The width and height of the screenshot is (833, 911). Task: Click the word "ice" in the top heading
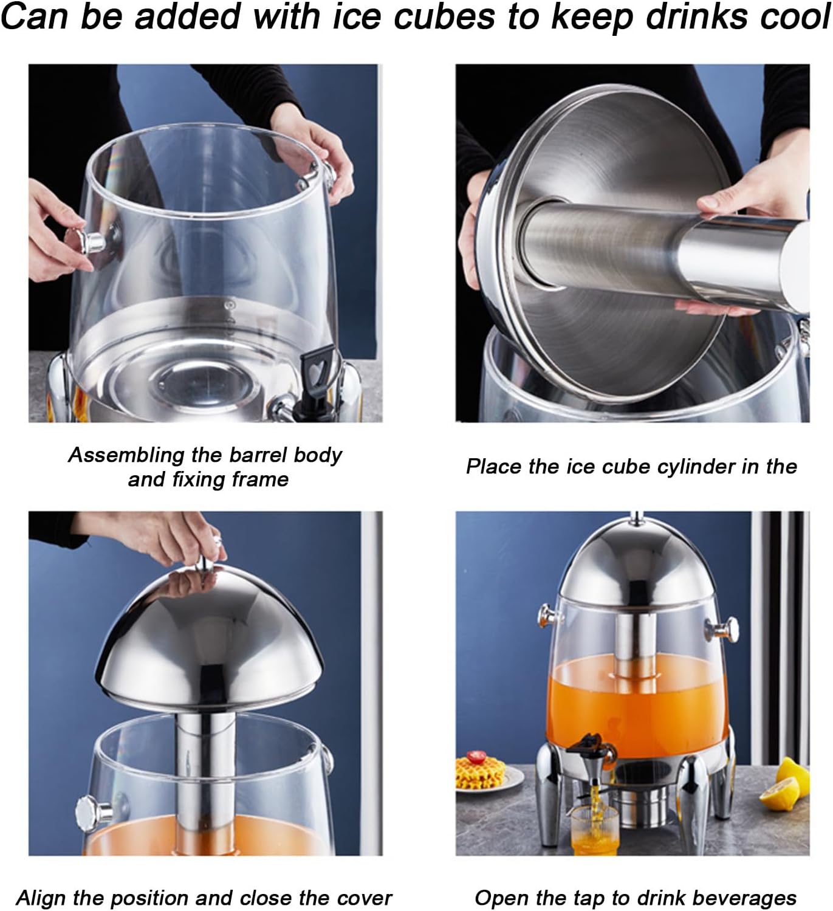[x=357, y=16]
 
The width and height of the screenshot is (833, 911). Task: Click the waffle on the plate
[x=480, y=772]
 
